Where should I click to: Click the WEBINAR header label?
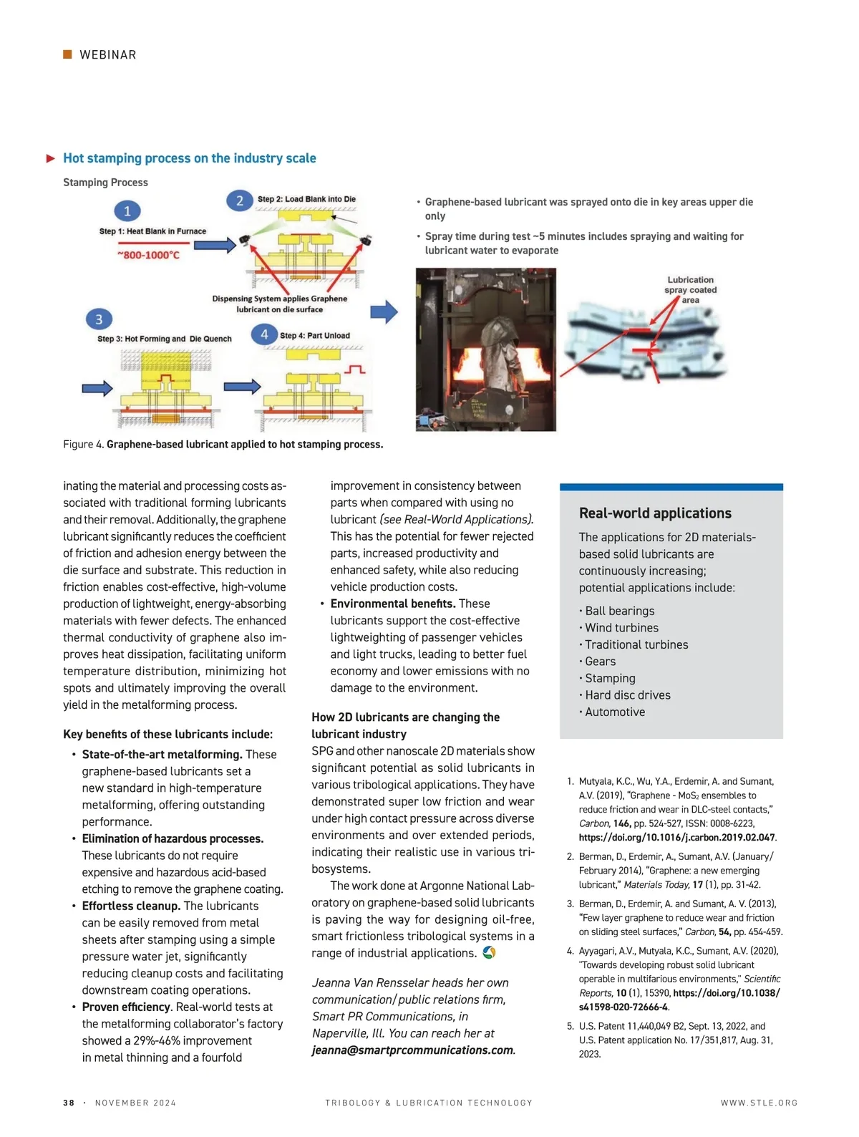click(x=107, y=55)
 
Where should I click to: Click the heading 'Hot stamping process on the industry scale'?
click(x=189, y=158)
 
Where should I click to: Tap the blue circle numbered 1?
click(x=127, y=211)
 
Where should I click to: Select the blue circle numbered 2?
click(x=240, y=200)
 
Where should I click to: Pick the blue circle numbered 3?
click(x=99, y=319)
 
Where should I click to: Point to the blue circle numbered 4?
click(x=264, y=334)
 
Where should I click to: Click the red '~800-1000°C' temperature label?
click(x=148, y=255)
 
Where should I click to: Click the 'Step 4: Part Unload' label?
click(x=315, y=335)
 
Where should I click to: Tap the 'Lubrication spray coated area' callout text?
click(x=690, y=290)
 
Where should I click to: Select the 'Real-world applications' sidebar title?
click(x=655, y=513)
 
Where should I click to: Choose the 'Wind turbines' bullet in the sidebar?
click(x=621, y=628)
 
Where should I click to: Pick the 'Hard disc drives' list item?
click(x=628, y=695)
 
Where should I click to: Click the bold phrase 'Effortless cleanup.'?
click(x=131, y=906)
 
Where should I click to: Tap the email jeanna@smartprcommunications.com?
click(x=412, y=1050)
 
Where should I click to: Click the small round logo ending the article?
click(x=489, y=953)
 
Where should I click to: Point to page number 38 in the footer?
click(x=69, y=1103)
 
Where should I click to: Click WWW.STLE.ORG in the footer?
click(x=759, y=1103)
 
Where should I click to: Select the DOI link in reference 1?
click(x=676, y=837)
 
